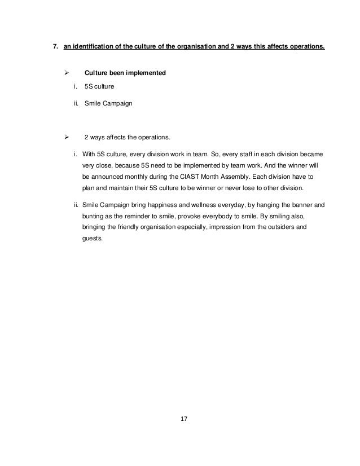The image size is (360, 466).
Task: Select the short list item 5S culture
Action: [x=99, y=88]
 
